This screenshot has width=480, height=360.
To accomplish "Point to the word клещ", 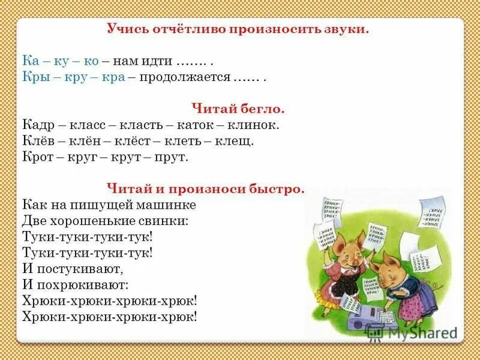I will [235, 141].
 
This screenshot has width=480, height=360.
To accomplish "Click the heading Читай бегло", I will [238, 109].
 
